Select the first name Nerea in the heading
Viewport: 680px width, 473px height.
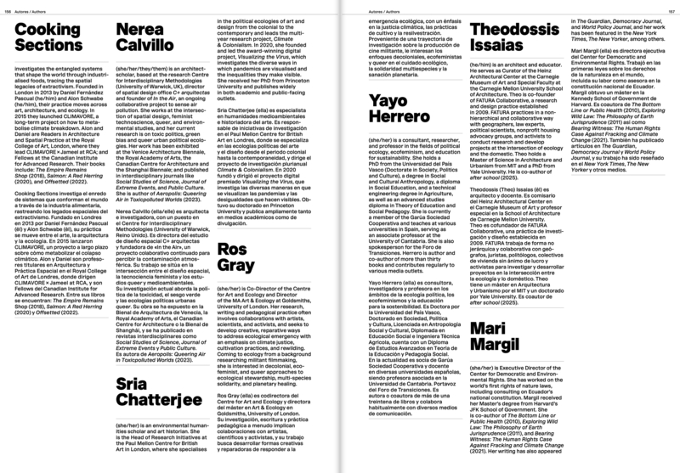pyautogui.click(x=140, y=31)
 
